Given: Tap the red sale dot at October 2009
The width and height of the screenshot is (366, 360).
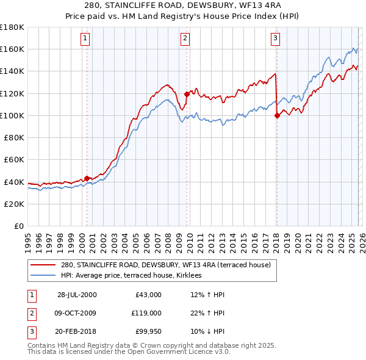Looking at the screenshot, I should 187,94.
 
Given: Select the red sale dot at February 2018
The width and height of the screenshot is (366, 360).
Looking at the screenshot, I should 277,115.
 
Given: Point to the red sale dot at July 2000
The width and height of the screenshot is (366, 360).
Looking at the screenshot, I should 87,178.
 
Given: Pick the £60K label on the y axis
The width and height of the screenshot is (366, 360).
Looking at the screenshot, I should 13,159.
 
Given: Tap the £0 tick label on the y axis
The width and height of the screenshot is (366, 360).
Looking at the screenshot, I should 19,226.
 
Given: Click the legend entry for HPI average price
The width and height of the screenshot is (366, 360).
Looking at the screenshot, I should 135,276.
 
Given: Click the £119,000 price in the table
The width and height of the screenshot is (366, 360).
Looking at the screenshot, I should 146,313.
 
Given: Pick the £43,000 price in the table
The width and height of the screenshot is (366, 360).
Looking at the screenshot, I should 148,295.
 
